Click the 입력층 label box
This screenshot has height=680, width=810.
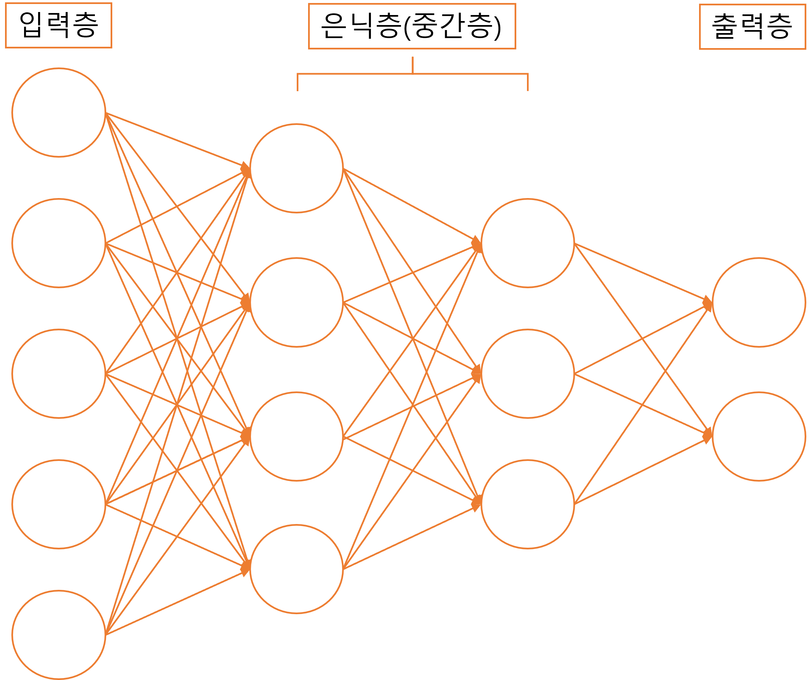click(x=58, y=25)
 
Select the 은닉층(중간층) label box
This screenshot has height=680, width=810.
click(x=412, y=26)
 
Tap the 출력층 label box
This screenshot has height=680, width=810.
click(x=752, y=27)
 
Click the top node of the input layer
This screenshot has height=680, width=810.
click(x=58, y=113)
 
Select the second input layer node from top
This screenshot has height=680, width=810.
click(x=58, y=243)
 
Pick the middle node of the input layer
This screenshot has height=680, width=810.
click(x=58, y=373)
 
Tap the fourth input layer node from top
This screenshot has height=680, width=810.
click(x=58, y=504)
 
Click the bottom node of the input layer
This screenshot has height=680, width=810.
click(x=58, y=635)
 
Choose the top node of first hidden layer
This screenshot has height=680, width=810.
click(x=296, y=168)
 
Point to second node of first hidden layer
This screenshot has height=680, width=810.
click(x=296, y=302)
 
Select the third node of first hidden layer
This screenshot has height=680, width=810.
click(x=296, y=437)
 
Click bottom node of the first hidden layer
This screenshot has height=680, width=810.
click(x=296, y=568)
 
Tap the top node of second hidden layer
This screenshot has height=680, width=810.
click(x=528, y=243)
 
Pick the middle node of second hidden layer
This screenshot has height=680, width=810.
click(x=528, y=373)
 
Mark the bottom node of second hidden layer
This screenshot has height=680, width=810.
click(x=528, y=504)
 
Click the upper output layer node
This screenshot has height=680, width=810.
click(x=759, y=302)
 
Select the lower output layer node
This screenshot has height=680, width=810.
click(x=759, y=437)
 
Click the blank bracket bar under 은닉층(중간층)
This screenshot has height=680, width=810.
click(x=412, y=82)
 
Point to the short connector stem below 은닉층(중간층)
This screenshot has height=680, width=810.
click(x=413, y=65)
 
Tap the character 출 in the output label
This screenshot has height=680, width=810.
click(x=725, y=27)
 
